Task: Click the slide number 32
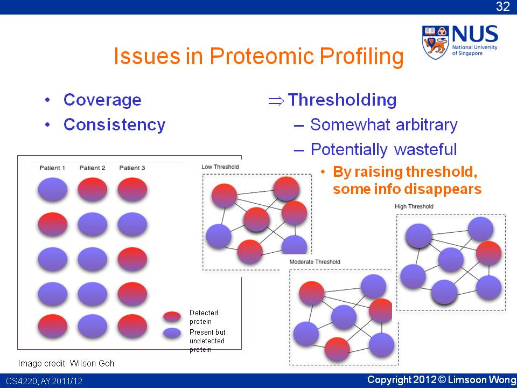[x=503, y=6]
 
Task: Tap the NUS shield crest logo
[x=435, y=43]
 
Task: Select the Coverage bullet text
[x=102, y=100]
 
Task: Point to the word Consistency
[x=114, y=124]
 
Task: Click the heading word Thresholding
[x=343, y=100]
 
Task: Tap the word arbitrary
[x=427, y=124]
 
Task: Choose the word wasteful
[x=425, y=149]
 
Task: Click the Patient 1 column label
[x=52, y=168]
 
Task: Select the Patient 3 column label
[x=132, y=168]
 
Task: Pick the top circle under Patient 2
[x=92, y=189]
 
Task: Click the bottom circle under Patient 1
[x=53, y=326]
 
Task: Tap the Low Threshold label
[x=220, y=167]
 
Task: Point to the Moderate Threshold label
[x=315, y=262]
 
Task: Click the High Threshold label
[x=414, y=206]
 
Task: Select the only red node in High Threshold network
[x=488, y=253]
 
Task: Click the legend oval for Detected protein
[x=172, y=316]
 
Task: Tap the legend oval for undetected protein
[x=172, y=333]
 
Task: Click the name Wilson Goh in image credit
[x=92, y=363]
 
